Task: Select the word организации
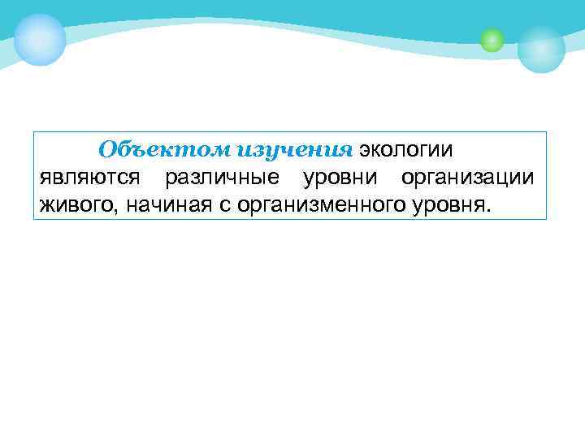click(x=467, y=177)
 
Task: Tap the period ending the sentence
click(x=489, y=208)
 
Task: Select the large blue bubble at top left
click(x=40, y=39)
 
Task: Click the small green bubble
click(x=492, y=40)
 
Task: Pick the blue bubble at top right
click(x=541, y=49)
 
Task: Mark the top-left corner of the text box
click(x=34, y=132)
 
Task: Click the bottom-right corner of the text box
click(x=547, y=219)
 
